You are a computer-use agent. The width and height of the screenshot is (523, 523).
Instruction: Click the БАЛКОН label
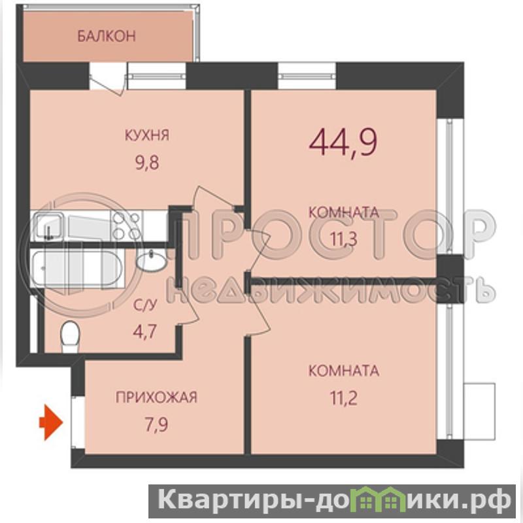[x=107, y=36]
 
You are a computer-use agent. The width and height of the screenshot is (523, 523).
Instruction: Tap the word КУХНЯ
[x=147, y=135]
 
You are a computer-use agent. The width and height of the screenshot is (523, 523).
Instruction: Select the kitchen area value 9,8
[x=147, y=163]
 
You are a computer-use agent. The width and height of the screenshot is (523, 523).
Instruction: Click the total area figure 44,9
[x=343, y=143]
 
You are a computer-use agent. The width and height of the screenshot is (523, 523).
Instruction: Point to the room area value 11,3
[x=344, y=239]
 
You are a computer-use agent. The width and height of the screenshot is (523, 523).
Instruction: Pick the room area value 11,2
[x=344, y=398]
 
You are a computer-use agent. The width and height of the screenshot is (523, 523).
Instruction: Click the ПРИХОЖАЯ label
[x=156, y=397]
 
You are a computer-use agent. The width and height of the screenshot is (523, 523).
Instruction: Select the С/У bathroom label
[x=144, y=305]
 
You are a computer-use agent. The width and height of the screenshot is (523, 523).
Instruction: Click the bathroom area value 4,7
[x=144, y=332]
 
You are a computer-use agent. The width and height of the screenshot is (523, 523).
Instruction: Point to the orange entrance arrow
[x=51, y=422]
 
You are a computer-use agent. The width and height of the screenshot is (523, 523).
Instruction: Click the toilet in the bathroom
[x=70, y=337]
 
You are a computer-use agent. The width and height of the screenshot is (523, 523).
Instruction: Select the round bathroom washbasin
[x=151, y=260]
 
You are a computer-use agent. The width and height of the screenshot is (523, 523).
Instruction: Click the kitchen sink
[x=49, y=226]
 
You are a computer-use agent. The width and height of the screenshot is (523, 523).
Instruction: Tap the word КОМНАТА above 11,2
[x=344, y=371]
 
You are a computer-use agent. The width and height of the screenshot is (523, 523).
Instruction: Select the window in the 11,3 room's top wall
[x=307, y=76]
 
